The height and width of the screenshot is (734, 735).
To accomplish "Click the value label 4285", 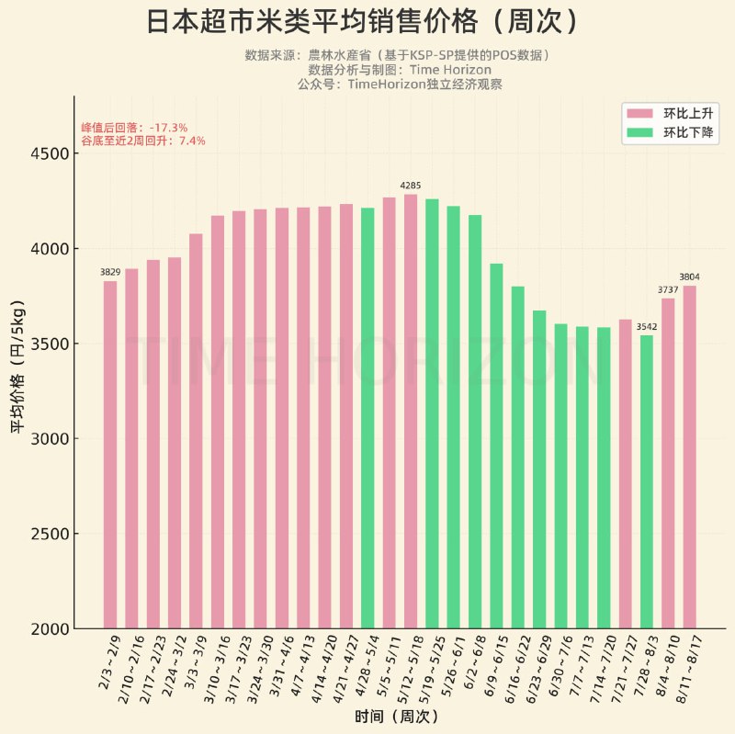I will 411,186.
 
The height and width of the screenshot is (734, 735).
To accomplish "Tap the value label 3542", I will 647,327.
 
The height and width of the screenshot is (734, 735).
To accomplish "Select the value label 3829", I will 110,273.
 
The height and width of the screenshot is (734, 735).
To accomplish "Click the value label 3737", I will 668,290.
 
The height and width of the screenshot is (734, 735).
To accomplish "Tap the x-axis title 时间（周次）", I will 397,716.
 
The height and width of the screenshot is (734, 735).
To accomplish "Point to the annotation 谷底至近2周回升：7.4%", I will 142,141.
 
